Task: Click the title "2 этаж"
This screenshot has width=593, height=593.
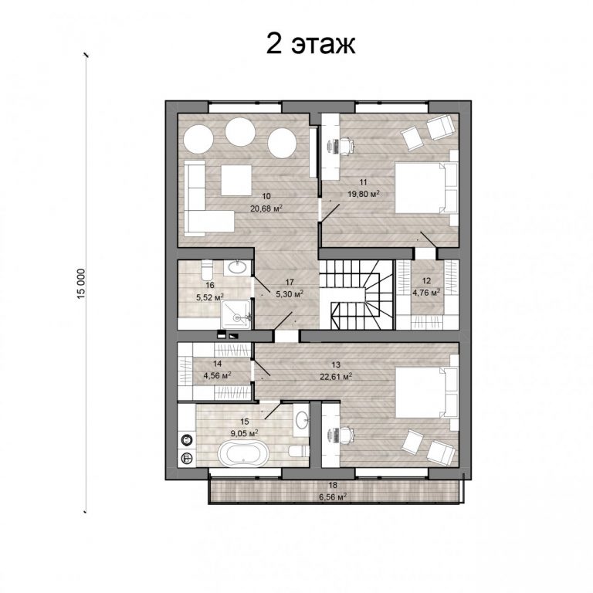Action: [311, 44]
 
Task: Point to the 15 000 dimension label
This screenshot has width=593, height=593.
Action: [82, 284]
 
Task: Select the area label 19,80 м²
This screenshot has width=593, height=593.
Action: [364, 194]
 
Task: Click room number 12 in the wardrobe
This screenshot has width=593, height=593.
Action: [426, 280]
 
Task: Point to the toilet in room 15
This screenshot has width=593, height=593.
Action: [299, 450]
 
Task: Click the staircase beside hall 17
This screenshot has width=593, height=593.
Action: [355, 296]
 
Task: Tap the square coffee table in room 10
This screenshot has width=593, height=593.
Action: [237, 180]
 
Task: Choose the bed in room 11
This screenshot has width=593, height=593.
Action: [426, 187]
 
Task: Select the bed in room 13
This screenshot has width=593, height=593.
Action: [426, 391]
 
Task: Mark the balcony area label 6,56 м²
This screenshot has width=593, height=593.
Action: [333, 497]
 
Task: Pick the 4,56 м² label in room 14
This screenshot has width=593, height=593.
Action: [218, 375]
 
